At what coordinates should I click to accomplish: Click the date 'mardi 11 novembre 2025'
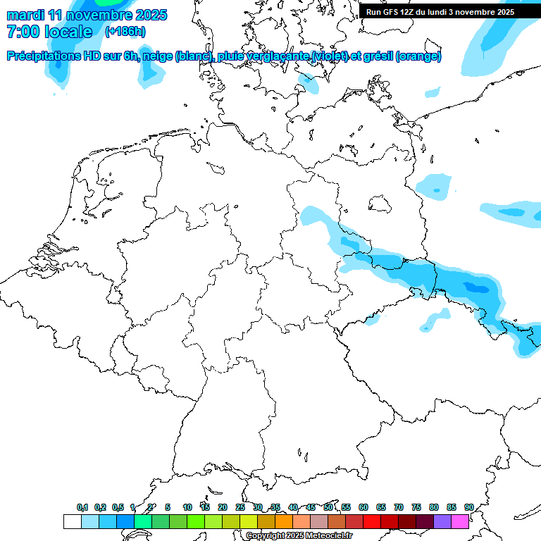[x=87, y=15]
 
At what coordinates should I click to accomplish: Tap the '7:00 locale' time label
[x=49, y=32]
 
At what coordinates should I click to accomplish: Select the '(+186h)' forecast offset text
[x=125, y=32]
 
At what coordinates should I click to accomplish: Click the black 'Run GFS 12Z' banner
[x=440, y=11]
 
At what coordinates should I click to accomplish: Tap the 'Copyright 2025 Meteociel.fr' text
[x=299, y=535]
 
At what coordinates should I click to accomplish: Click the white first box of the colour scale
[x=72, y=521]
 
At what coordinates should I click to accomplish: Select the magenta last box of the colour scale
[x=460, y=521]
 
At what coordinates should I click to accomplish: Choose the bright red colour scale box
[x=372, y=521]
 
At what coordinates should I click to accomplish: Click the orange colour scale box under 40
[x=284, y=521]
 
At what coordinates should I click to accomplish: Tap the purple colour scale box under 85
[x=442, y=521]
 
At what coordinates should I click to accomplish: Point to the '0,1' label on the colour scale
[x=82, y=507]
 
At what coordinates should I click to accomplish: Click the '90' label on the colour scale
[x=469, y=507]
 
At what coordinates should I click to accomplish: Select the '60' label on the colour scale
[x=363, y=507]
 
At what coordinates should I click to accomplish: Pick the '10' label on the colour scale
[x=187, y=507]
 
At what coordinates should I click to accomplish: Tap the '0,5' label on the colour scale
[x=118, y=507]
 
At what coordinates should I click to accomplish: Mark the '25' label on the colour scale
[x=240, y=507]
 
